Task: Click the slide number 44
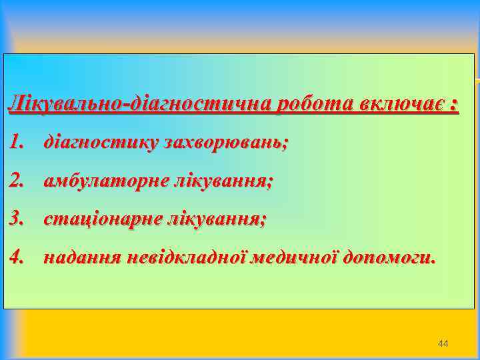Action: click(x=443, y=343)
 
